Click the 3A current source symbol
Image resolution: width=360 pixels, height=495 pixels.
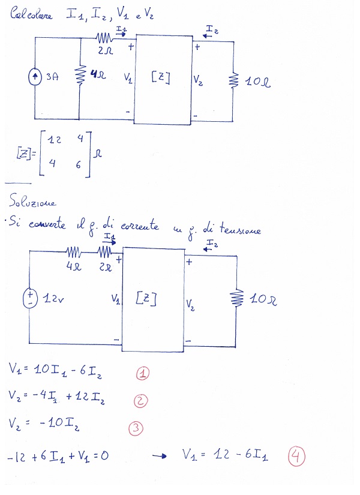(35, 77)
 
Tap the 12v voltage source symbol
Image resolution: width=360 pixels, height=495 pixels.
(30, 298)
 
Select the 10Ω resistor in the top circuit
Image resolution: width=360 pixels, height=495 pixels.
(234, 80)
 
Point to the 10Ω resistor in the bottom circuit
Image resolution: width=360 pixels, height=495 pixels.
(237, 298)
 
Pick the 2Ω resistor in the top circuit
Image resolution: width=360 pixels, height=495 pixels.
(104, 38)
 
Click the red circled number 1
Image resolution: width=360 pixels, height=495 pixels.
(143, 374)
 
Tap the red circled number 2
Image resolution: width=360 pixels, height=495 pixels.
(140, 401)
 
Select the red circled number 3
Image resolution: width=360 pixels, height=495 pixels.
(136, 428)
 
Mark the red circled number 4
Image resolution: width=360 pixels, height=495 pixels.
(296, 457)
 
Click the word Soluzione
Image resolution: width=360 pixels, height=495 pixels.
(32, 201)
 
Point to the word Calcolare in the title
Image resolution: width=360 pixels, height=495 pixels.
(32, 14)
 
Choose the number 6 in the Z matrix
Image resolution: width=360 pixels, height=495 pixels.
(79, 164)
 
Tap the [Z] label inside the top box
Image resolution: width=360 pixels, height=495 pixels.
(161, 77)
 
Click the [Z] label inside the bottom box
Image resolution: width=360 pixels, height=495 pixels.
(146, 298)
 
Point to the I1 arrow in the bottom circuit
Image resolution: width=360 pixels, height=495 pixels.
(109, 242)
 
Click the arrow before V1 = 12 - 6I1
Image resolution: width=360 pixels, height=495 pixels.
(159, 456)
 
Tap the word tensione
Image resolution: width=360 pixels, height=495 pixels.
(240, 229)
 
